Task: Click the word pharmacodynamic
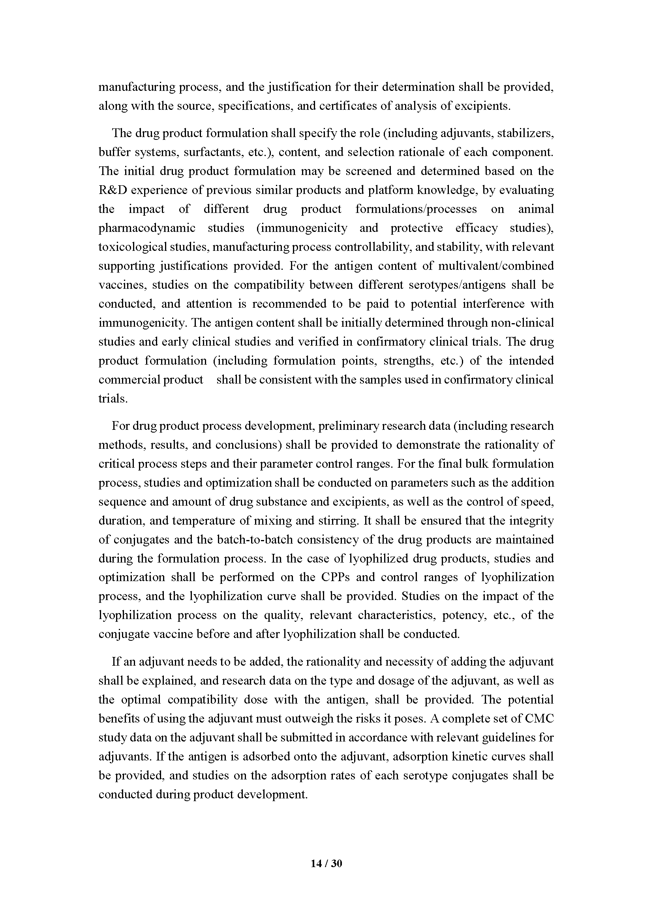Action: point(147,228)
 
